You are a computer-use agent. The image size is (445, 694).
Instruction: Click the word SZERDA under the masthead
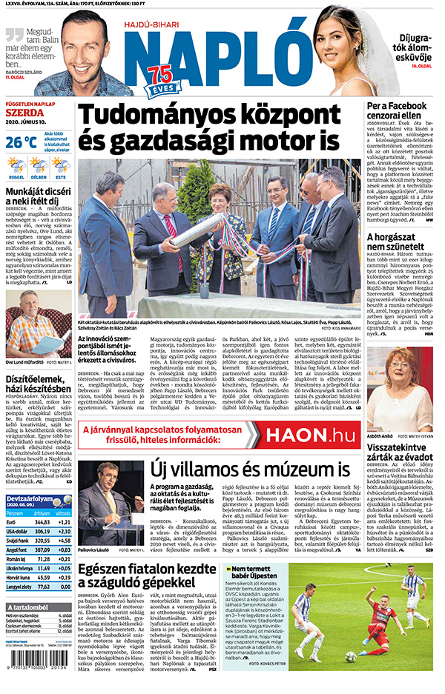point(22,113)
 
